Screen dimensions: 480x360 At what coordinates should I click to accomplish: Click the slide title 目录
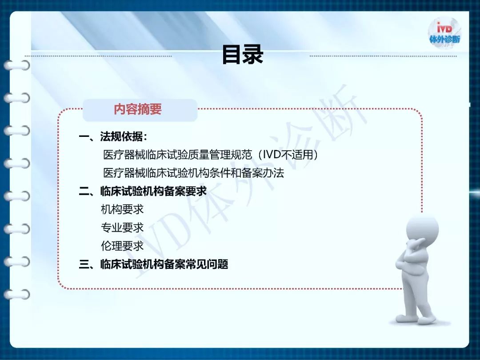243,55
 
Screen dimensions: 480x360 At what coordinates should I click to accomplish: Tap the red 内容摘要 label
138,109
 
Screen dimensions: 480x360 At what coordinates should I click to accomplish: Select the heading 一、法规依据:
113,136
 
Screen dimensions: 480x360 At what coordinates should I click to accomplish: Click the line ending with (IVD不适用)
211,155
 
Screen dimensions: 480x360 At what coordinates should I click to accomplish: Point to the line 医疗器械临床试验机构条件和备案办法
193,173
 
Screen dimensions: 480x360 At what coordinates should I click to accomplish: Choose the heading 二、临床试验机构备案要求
143,191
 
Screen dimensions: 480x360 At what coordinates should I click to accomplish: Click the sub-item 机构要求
122,209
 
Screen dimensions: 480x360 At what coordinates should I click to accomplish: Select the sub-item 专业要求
122,228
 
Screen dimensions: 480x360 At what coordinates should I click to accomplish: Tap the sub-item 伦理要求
122,246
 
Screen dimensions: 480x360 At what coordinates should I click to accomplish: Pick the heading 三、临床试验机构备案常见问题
153,264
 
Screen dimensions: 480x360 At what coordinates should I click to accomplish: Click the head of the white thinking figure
422,229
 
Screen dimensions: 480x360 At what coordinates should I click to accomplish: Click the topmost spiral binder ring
17,65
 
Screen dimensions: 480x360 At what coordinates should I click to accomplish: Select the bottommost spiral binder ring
17,295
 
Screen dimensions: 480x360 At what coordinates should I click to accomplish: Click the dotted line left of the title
98,56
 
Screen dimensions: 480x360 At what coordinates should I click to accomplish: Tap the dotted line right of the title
383,56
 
